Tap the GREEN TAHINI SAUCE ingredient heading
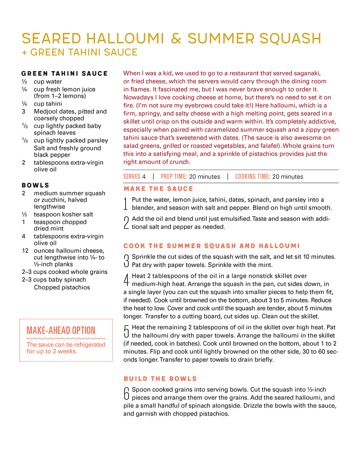point(65,73)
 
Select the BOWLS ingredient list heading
point(36,185)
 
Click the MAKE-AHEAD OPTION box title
point(61,330)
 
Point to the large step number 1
point(126,204)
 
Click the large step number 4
point(126,280)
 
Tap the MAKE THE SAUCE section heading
point(158,189)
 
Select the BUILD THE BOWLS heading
point(160,379)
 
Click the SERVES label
point(132,176)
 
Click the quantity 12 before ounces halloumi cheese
point(25,251)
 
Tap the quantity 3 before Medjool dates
point(23,112)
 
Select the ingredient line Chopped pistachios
point(62,287)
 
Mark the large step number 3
point(126,260)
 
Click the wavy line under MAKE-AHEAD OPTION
point(66,338)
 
